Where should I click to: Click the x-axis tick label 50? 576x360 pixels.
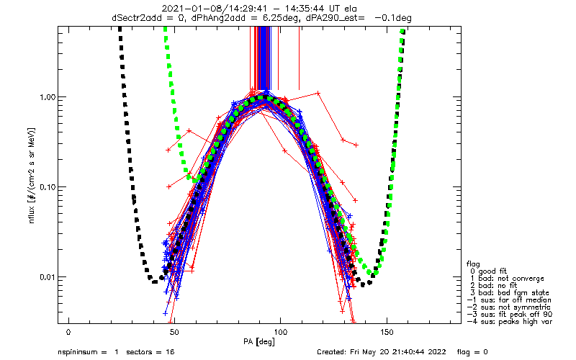click(174, 333)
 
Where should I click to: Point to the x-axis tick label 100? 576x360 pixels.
click(280, 333)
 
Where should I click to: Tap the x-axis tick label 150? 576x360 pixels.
click(387, 333)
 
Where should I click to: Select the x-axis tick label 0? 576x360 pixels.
click(68, 333)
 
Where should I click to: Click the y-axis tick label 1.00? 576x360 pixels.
click(47, 97)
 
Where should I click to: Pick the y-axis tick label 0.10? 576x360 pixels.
click(47, 187)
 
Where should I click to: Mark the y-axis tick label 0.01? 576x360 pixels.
click(47, 276)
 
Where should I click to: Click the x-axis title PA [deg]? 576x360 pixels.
click(259, 342)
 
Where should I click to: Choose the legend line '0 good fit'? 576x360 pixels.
click(488, 271)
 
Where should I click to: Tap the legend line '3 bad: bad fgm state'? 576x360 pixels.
click(510, 293)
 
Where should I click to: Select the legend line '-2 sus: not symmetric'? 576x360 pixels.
click(509, 307)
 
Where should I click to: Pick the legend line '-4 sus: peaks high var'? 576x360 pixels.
click(510, 322)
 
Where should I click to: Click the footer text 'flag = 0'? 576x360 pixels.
click(472, 352)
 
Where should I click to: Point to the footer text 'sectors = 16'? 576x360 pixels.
click(150, 352)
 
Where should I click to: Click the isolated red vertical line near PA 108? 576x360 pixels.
click(299, 58)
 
